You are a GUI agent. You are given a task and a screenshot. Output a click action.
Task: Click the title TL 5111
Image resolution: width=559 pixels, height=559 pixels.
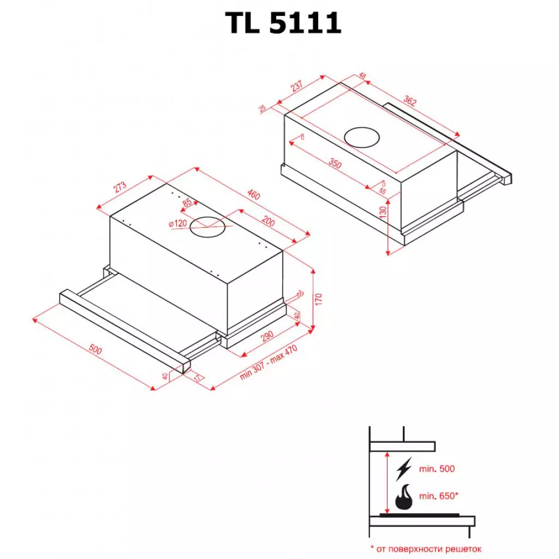coord(283,23)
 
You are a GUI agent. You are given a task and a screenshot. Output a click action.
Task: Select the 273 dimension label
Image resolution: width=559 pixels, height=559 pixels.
coord(120,186)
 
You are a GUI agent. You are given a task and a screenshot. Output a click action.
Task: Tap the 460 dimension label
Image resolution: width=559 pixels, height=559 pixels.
coord(253,194)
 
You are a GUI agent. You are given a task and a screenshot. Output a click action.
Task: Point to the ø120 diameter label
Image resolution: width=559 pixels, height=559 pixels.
coord(177,223)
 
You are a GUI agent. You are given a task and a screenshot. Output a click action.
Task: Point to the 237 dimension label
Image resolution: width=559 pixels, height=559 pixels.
coord(296,86)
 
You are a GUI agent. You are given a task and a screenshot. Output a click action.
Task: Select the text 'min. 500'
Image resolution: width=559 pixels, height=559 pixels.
coord(436,468)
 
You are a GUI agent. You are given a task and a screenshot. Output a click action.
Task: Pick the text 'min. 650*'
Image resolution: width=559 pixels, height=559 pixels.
coord(438,496)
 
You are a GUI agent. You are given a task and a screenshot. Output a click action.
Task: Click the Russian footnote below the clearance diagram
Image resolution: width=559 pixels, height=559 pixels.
coord(426,549)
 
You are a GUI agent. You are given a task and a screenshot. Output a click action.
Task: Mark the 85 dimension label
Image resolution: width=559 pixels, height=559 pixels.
coord(188,204)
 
